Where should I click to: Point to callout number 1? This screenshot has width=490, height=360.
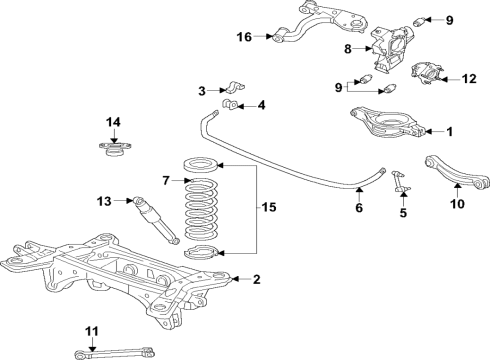[x=448, y=131]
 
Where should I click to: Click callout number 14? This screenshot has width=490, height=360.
[x=114, y=122]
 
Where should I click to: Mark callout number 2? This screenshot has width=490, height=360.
[x=257, y=280]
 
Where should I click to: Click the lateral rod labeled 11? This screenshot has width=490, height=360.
[x=115, y=353]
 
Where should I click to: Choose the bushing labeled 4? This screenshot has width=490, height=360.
[x=233, y=103]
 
